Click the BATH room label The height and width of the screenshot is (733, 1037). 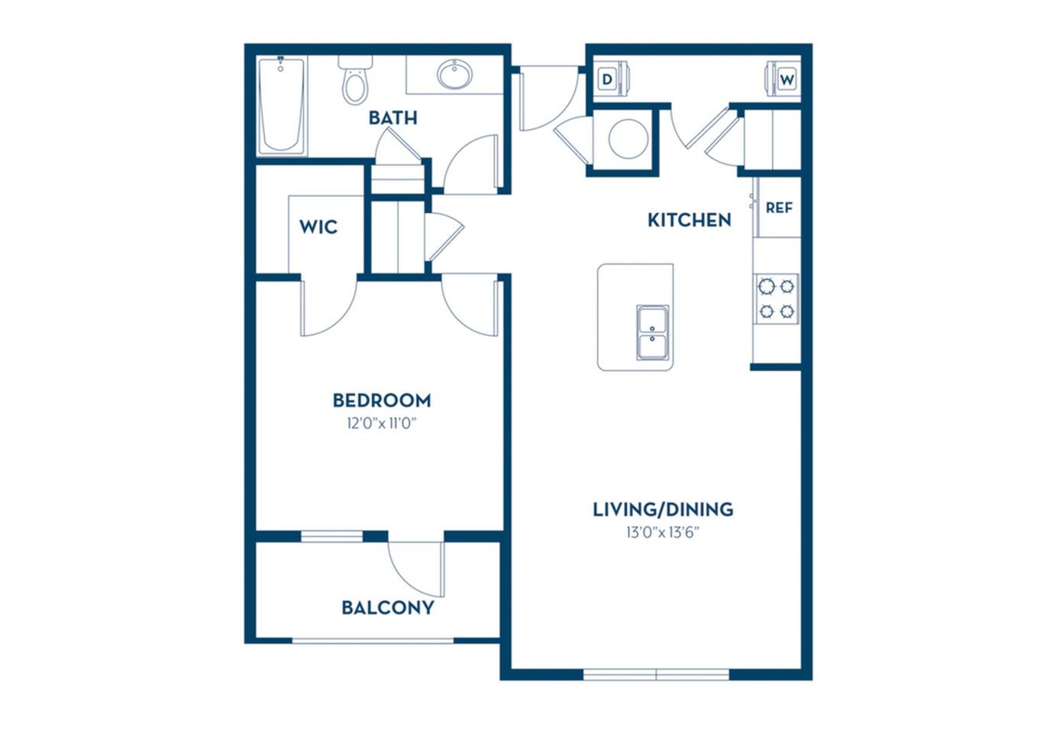point(393,118)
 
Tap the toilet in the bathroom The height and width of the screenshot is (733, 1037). point(355,81)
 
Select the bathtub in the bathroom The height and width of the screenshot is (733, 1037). point(281,105)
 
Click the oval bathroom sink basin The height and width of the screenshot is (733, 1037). point(454,75)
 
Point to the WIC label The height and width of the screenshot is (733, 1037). point(318,227)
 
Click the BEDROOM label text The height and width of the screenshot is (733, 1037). point(381,400)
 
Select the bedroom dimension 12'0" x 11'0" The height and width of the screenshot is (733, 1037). point(381,423)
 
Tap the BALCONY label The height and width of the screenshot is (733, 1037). point(387,608)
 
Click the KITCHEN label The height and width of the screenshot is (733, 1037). point(689,220)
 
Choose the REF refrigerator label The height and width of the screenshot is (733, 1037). point(779,208)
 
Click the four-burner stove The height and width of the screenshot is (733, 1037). point(777,299)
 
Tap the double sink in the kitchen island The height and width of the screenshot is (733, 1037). point(653,333)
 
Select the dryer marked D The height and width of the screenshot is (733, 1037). point(609,79)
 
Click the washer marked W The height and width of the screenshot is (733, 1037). point(786,79)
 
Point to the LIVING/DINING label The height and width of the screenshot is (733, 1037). point(663,509)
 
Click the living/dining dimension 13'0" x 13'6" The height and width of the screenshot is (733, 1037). point(663,532)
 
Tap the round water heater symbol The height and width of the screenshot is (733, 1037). point(628,139)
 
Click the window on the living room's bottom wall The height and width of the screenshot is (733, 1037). point(656,674)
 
